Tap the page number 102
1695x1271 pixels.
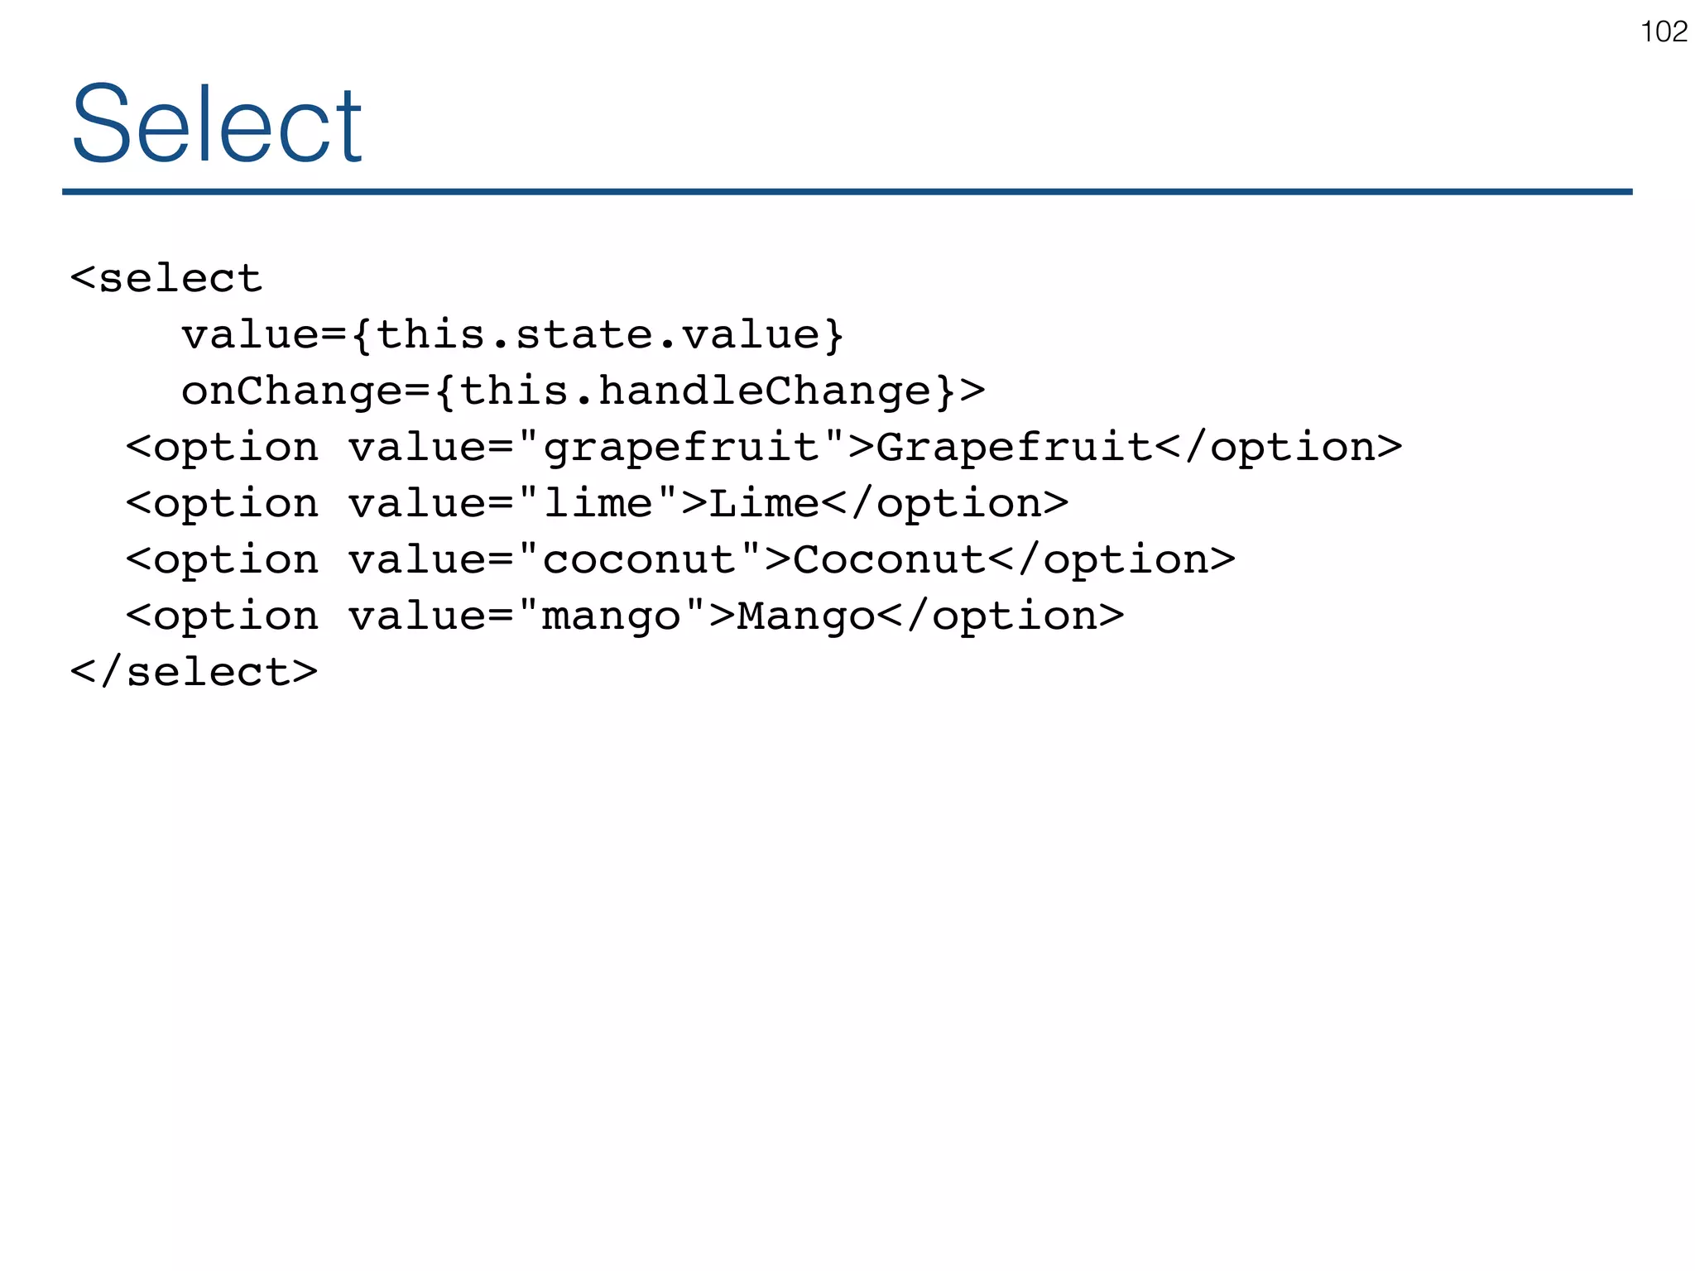[1664, 32]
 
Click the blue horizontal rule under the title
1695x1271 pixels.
[847, 192]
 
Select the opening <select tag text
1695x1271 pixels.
[166, 278]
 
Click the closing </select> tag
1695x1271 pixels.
[194, 671]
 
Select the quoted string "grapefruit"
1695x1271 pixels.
[681, 448]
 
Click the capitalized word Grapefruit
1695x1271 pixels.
[1015, 448]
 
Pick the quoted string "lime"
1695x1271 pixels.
[598, 504]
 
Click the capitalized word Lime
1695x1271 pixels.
[765, 504]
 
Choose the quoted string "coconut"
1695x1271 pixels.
[640, 560]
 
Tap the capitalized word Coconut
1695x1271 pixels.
[890, 560]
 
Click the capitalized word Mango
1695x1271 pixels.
[806, 616]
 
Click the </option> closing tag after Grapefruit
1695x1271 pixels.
[1279, 448]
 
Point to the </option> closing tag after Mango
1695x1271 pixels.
[1001, 616]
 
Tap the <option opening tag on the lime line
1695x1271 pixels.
[222, 504]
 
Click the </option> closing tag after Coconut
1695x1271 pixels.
[1112, 560]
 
